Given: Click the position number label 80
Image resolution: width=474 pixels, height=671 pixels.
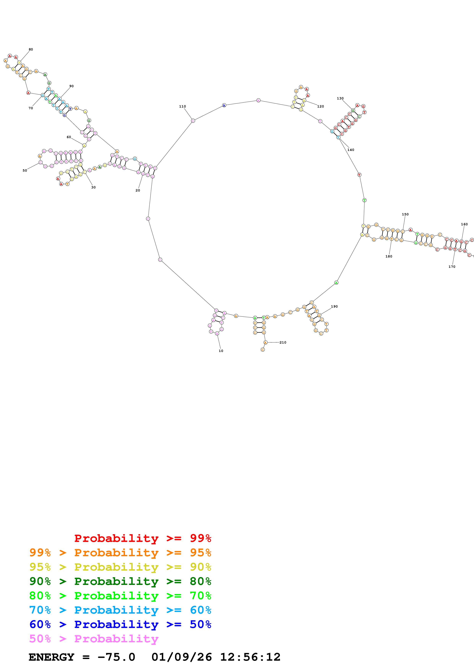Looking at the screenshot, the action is tap(31, 49).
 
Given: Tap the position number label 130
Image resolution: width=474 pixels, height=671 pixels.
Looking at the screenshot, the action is tap(340, 99).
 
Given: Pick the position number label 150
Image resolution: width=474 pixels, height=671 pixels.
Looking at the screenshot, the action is tap(405, 214).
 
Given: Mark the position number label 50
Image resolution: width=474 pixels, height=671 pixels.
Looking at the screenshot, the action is tap(25, 170).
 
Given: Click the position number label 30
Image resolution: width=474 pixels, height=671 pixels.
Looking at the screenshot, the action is tap(93, 187).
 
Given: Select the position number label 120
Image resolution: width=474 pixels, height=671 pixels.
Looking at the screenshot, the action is tap(320, 106).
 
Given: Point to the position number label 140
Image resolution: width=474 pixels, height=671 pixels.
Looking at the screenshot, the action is tap(350, 150).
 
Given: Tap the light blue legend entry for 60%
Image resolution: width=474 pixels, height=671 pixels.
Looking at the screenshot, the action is tap(120, 610).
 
